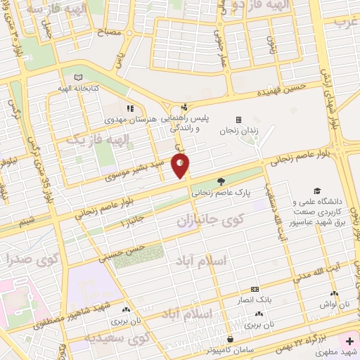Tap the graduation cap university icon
pos(317,191)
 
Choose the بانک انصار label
pos(254,300)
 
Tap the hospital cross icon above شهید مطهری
pos(349,340)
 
